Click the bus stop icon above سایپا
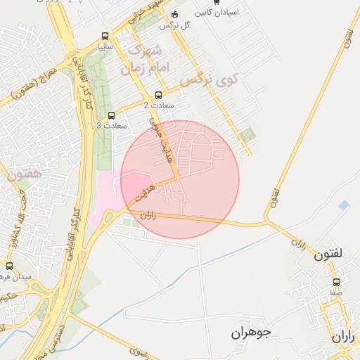(x=105, y=37)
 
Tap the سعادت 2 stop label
(x=156, y=105)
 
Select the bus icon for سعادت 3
(x=111, y=115)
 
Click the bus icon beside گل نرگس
(x=175, y=15)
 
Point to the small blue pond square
(x=343, y=205)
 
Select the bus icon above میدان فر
(x=9, y=266)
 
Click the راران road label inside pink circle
(x=148, y=217)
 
